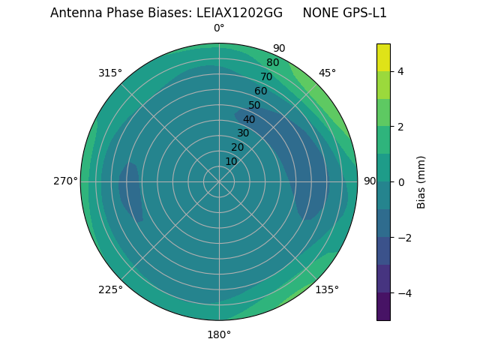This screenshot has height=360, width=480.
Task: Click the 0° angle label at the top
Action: tap(219, 28)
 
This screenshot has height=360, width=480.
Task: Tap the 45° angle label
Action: tap(327, 73)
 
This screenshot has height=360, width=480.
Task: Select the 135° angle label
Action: tap(327, 289)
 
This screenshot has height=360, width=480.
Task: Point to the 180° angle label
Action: tap(219, 334)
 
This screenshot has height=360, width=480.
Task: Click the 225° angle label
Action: tap(110, 289)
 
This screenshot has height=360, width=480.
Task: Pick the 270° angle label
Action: tap(65, 181)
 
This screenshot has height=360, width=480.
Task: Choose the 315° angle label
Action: tap(110, 73)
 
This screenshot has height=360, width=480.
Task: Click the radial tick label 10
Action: tap(231, 161)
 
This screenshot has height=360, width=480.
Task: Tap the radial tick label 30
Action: tap(243, 133)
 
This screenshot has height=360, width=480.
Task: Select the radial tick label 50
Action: tap(254, 105)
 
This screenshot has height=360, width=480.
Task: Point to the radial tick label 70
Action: tap(266, 76)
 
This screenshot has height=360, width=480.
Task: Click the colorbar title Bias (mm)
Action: tap(421, 181)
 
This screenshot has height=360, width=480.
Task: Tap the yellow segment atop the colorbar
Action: tap(383, 57)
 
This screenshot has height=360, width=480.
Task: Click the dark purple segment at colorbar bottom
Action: tap(383, 307)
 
